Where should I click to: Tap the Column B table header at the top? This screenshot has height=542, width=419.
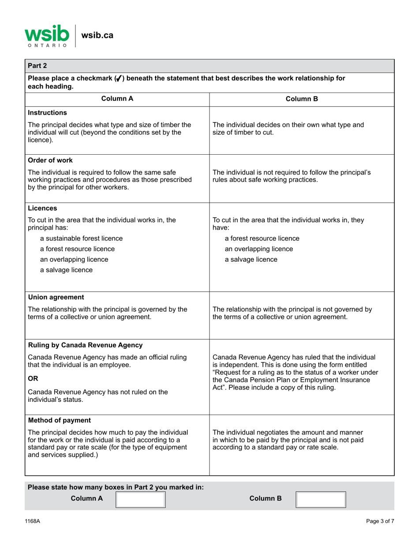[x=302, y=99]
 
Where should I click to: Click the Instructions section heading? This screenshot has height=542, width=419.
[x=46, y=113]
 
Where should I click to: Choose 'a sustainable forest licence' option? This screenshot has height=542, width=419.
[x=81, y=238]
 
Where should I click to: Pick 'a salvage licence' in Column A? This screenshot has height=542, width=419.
[x=66, y=270]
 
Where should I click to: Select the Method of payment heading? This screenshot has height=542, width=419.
[x=55, y=419]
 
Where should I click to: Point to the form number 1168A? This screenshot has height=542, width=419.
[x=32, y=521]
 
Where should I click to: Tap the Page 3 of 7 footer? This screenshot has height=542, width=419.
[x=380, y=521]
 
